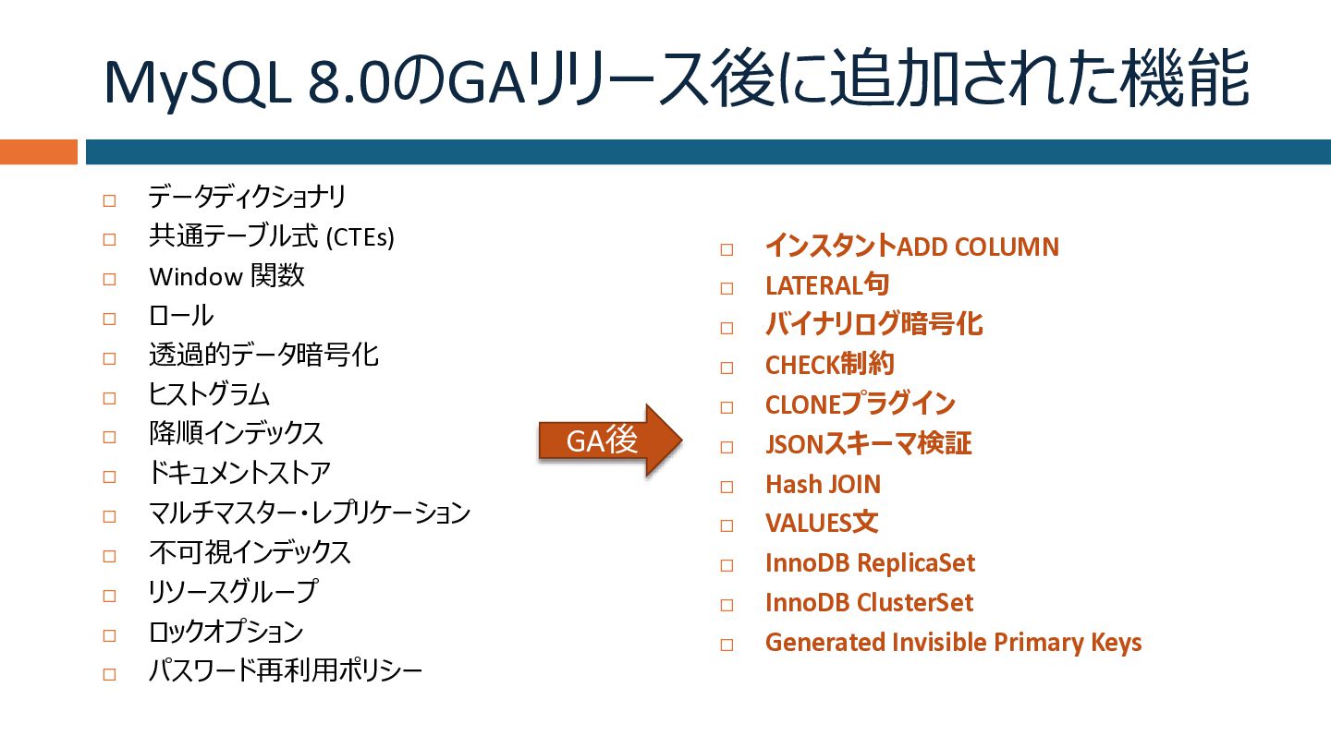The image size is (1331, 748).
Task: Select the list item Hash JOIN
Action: pyautogui.click(x=823, y=484)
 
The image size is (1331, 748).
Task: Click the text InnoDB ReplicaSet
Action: pyautogui.click(x=870, y=563)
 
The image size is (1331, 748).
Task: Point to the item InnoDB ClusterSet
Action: pyautogui.click(x=869, y=603)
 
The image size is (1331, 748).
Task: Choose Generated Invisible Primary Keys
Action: pyautogui.click(x=953, y=643)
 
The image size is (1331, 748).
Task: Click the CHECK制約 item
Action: pyautogui.click(x=829, y=365)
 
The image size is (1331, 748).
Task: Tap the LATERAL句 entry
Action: pyautogui.click(x=826, y=285)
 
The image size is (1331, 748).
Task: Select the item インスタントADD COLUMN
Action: pyautogui.click(x=911, y=247)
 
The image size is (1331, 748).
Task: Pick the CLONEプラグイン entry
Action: pyautogui.click(x=860, y=404)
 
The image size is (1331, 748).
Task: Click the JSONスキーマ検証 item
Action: pyautogui.click(x=868, y=444)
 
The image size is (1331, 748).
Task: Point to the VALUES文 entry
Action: pyautogui.click(x=821, y=524)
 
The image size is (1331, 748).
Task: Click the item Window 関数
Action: pyautogui.click(x=226, y=276)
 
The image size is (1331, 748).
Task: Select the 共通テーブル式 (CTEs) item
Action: pyautogui.click(x=271, y=237)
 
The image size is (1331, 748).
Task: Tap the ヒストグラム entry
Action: pyautogui.click(x=209, y=395)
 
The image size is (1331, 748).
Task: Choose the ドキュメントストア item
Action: pyautogui.click(x=238, y=474)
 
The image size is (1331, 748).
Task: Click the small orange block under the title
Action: pyautogui.click(x=38, y=151)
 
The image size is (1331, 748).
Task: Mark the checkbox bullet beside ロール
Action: pyautogui.click(x=109, y=319)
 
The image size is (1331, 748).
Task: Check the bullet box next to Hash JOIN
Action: pyautogui.click(x=727, y=487)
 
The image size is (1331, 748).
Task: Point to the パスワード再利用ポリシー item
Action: pyautogui.click(x=285, y=670)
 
